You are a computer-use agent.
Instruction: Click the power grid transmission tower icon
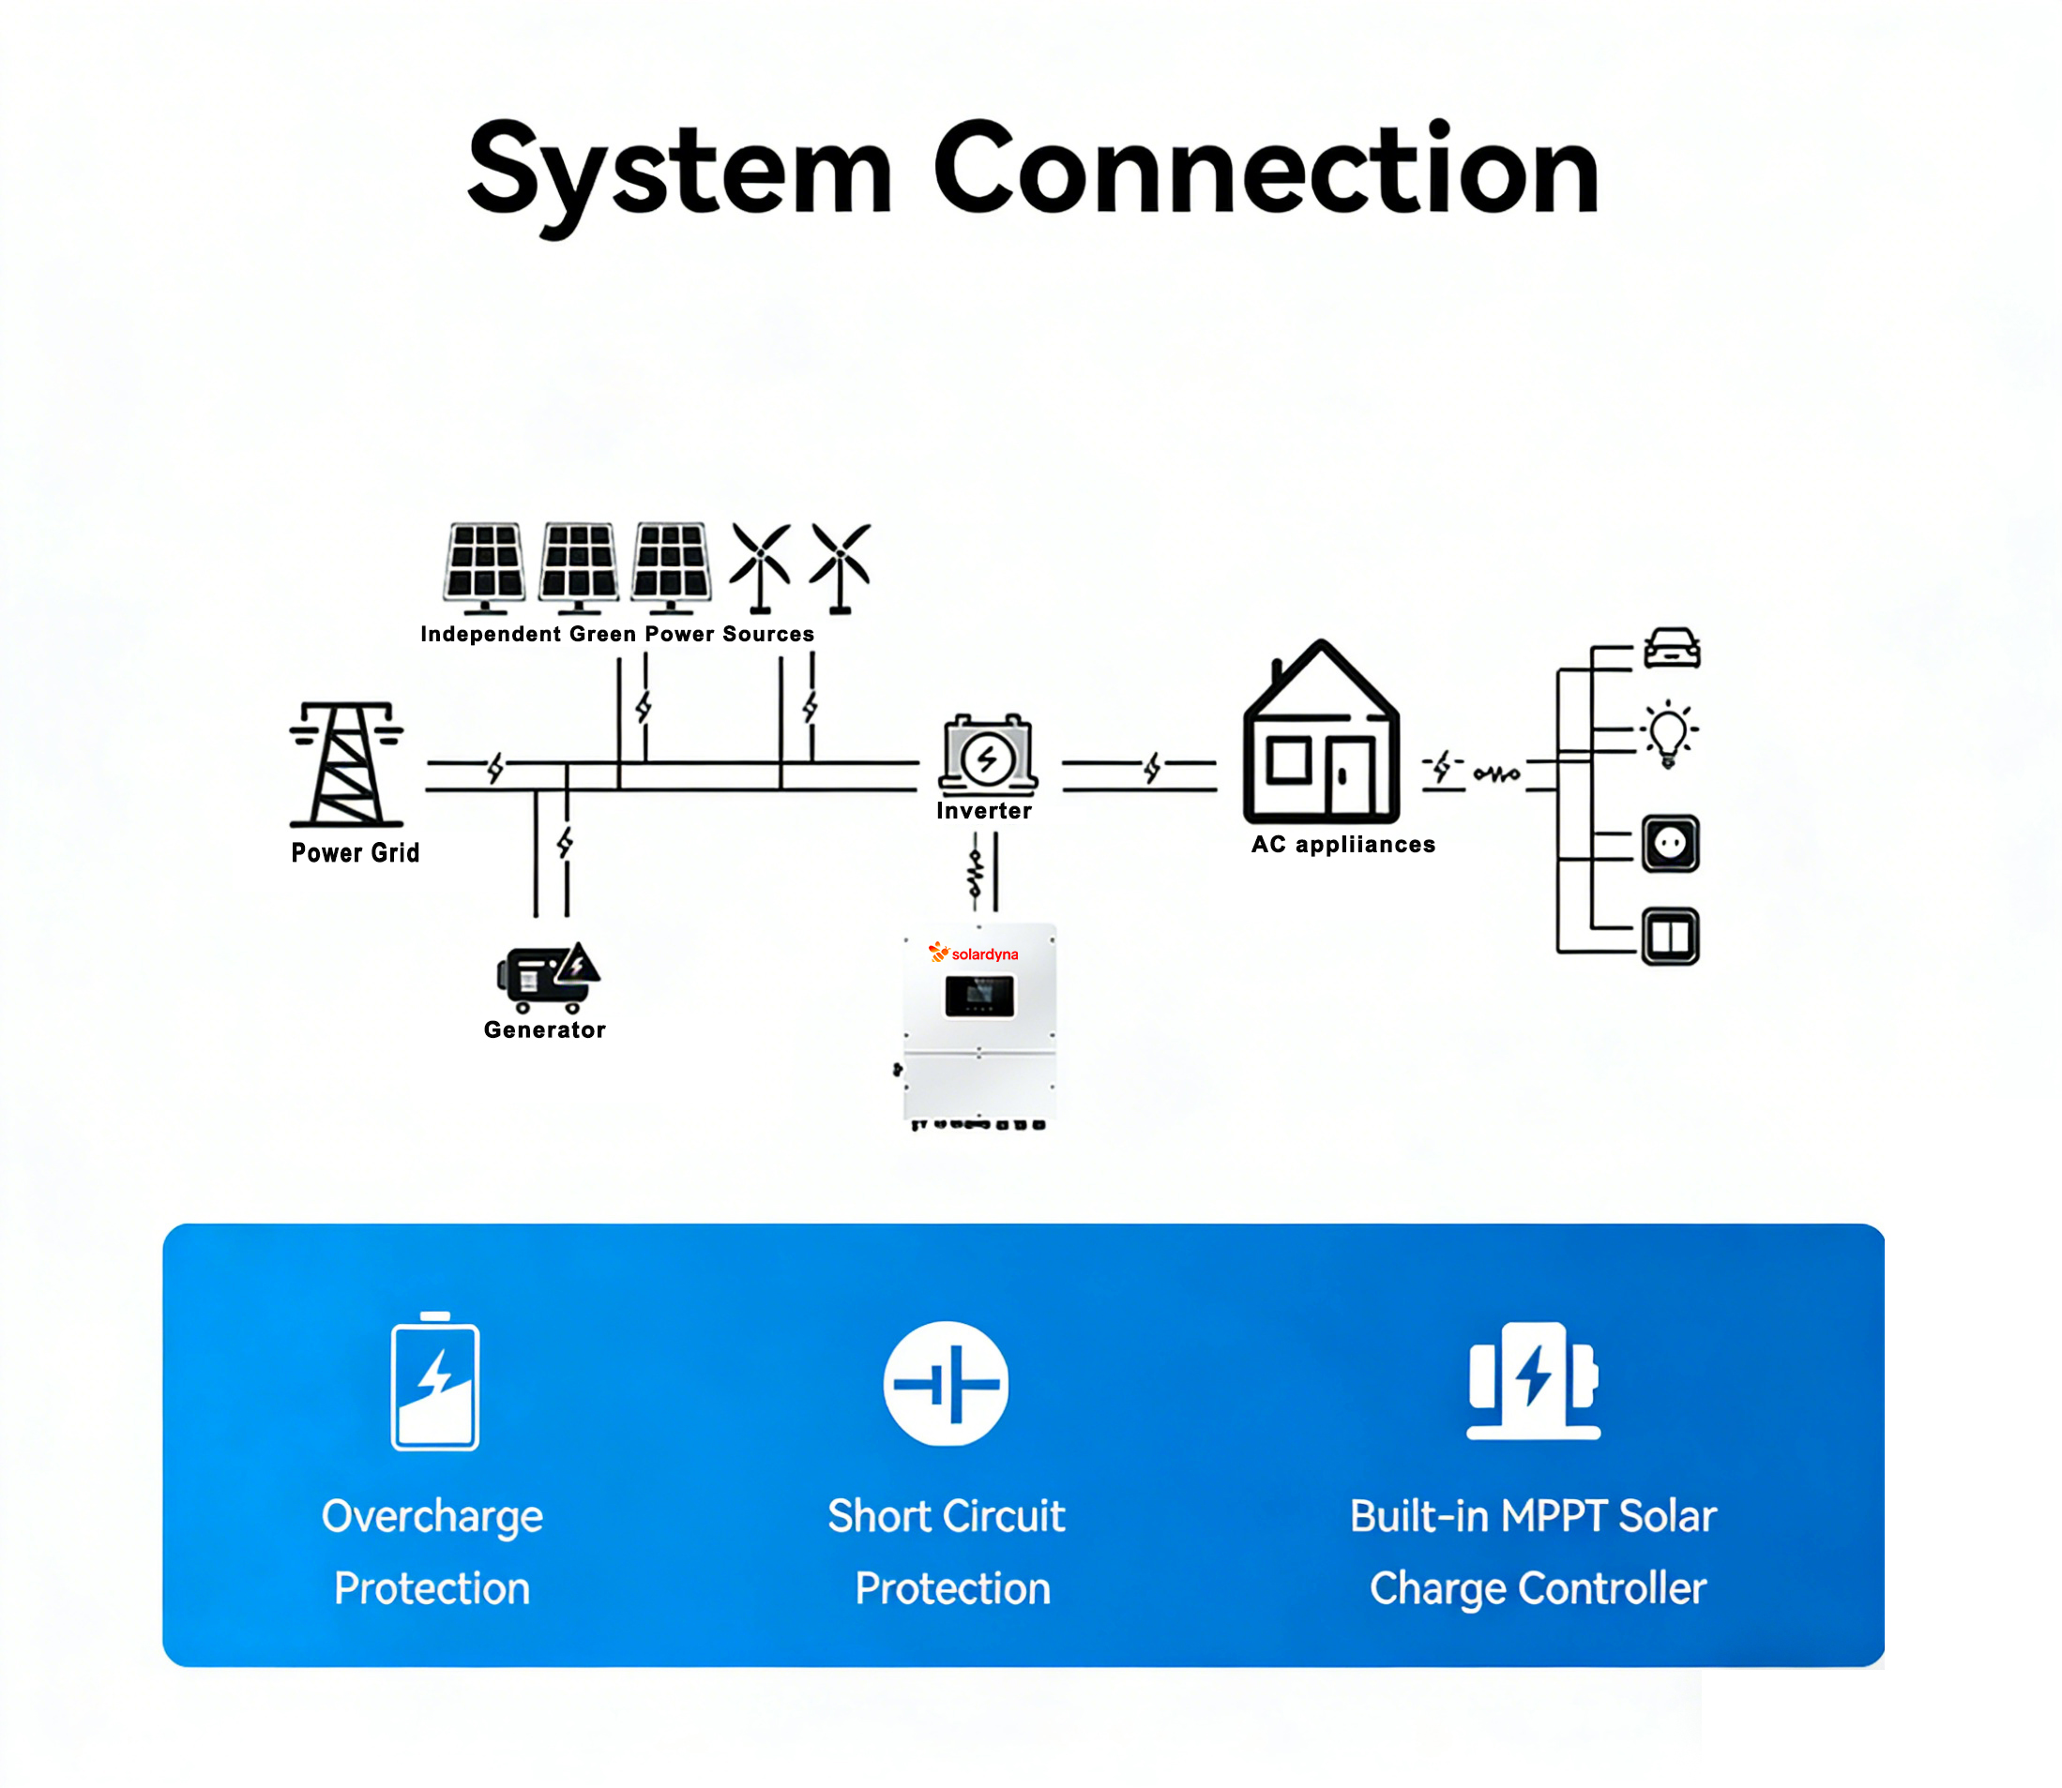click(x=346, y=765)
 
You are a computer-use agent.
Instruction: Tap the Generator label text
click(x=544, y=1029)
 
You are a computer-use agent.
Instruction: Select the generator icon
click(x=547, y=977)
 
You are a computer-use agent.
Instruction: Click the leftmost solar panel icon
click(x=485, y=565)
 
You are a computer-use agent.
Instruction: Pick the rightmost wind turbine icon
click(x=841, y=566)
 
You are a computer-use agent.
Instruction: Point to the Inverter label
click(x=984, y=811)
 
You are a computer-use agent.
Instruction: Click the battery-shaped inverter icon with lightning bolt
click(x=987, y=756)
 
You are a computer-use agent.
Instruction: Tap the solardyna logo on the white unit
click(x=973, y=954)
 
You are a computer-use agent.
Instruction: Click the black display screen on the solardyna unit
click(x=979, y=996)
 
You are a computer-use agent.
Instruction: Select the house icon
click(x=1321, y=733)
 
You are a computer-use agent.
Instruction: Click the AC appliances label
click(x=1343, y=845)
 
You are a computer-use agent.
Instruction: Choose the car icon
click(x=1672, y=648)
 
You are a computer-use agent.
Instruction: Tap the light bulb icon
click(x=1668, y=734)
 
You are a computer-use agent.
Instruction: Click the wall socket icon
click(x=1671, y=844)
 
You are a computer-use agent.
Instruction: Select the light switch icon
click(x=1671, y=936)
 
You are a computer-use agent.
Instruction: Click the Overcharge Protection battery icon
click(x=435, y=1383)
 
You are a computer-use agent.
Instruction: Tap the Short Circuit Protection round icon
click(x=947, y=1384)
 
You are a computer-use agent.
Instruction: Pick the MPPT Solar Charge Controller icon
click(x=1533, y=1381)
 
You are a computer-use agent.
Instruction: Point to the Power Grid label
click(x=356, y=853)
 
